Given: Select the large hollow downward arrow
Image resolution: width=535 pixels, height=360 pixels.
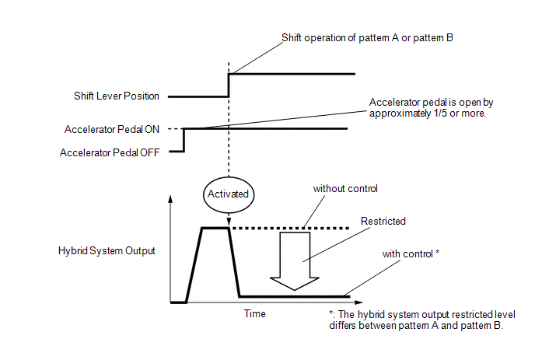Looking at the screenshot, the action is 295,261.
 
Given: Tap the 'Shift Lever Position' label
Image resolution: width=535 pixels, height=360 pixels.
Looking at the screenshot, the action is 117,96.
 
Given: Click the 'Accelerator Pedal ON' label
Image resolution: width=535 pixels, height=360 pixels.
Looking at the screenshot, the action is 112,129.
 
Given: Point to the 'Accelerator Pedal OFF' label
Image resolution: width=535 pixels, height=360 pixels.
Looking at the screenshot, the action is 110,152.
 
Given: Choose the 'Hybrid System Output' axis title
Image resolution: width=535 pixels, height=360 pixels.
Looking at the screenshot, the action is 107,251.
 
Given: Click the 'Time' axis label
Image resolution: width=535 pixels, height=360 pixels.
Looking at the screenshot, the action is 255,313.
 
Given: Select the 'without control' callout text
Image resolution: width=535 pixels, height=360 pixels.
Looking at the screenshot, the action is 345,189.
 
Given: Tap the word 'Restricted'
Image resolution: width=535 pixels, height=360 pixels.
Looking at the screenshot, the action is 383,221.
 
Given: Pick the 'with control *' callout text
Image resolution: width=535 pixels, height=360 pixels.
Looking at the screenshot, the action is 411,254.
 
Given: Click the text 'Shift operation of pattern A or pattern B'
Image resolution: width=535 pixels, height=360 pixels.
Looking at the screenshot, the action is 367,38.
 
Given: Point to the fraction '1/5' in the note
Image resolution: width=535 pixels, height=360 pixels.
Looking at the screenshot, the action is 440,114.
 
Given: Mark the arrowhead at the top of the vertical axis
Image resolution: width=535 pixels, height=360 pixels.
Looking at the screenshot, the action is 170,198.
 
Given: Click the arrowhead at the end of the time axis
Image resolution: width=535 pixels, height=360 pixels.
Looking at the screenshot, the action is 358,302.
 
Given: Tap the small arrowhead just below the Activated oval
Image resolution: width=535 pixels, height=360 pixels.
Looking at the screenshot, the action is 229,222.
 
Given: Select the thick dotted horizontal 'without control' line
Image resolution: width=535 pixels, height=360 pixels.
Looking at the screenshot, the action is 290,228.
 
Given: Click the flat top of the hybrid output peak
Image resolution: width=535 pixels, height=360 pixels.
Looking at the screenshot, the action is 215,228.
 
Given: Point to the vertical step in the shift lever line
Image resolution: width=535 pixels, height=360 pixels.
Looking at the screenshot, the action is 229,86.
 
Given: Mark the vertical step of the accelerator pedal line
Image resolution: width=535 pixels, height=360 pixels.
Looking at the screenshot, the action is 184,140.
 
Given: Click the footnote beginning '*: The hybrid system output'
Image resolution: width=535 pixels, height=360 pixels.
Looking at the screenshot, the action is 422,320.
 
